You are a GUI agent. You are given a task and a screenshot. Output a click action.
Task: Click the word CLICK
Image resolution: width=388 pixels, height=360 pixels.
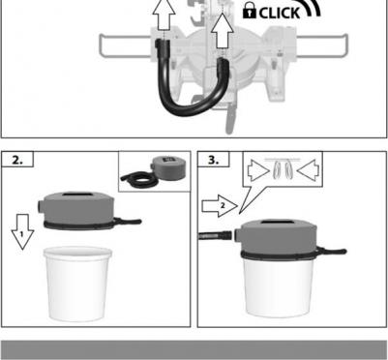pyautogui.click(x=280, y=14)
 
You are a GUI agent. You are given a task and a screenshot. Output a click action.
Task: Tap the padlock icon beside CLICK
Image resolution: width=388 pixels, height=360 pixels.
pyautogui.click(x=250, y=12)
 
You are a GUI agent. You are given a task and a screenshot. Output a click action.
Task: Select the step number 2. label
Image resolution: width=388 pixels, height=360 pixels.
pyautogui.click(x=17, y=160)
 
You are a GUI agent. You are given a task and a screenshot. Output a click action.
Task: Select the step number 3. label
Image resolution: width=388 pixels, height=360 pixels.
pyautogui.click(x=213, y=160)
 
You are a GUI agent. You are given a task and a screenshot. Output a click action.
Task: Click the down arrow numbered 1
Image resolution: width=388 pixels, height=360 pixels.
pyautogui.click(x=22, y=231)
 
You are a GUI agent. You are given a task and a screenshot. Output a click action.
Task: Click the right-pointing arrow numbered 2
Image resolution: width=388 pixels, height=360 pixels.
pyautogui.click(x=220, y=206)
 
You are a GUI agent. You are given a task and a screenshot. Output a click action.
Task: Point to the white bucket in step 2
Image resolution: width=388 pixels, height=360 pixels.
pyautogui.click(x=77, y=284)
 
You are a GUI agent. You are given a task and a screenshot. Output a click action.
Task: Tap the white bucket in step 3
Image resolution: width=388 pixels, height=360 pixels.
pyautogui.click(x=278, y=287)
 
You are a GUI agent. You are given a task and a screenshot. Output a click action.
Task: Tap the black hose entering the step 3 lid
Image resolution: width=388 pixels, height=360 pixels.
pyautogui.click(x=215, y=235)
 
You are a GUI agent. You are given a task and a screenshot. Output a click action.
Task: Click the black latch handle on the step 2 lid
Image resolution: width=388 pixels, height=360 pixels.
pyautogui.click(x=128, y=222)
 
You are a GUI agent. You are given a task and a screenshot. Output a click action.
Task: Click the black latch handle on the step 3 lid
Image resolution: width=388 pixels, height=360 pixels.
pyautogui.click(x=332, y=251)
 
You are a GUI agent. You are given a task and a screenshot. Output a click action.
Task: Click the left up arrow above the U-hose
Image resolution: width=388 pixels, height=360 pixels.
pyautogui.click(x=164, y=15)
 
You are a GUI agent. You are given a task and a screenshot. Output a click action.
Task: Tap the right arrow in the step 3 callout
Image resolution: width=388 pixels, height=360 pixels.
pyautogui.click(x=308, y=170)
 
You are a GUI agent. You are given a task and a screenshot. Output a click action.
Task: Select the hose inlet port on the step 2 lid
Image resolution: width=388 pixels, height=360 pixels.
pyautogui.click(x=41, y=205)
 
